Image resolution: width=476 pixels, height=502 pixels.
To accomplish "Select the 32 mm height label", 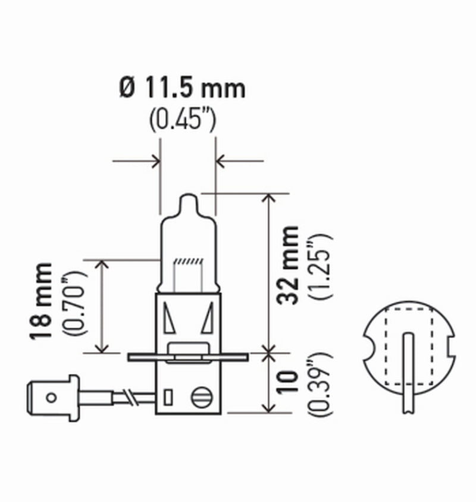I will point(290,264).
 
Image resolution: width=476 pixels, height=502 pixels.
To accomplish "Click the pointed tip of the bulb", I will point(187,197).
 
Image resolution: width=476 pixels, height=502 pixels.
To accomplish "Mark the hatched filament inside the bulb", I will point(187,262).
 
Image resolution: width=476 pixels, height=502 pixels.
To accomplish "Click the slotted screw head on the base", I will point(199,396).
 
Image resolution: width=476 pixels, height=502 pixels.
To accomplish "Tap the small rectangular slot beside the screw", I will point(169,395).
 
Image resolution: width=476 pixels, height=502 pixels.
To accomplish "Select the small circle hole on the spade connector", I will point(51,396).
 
